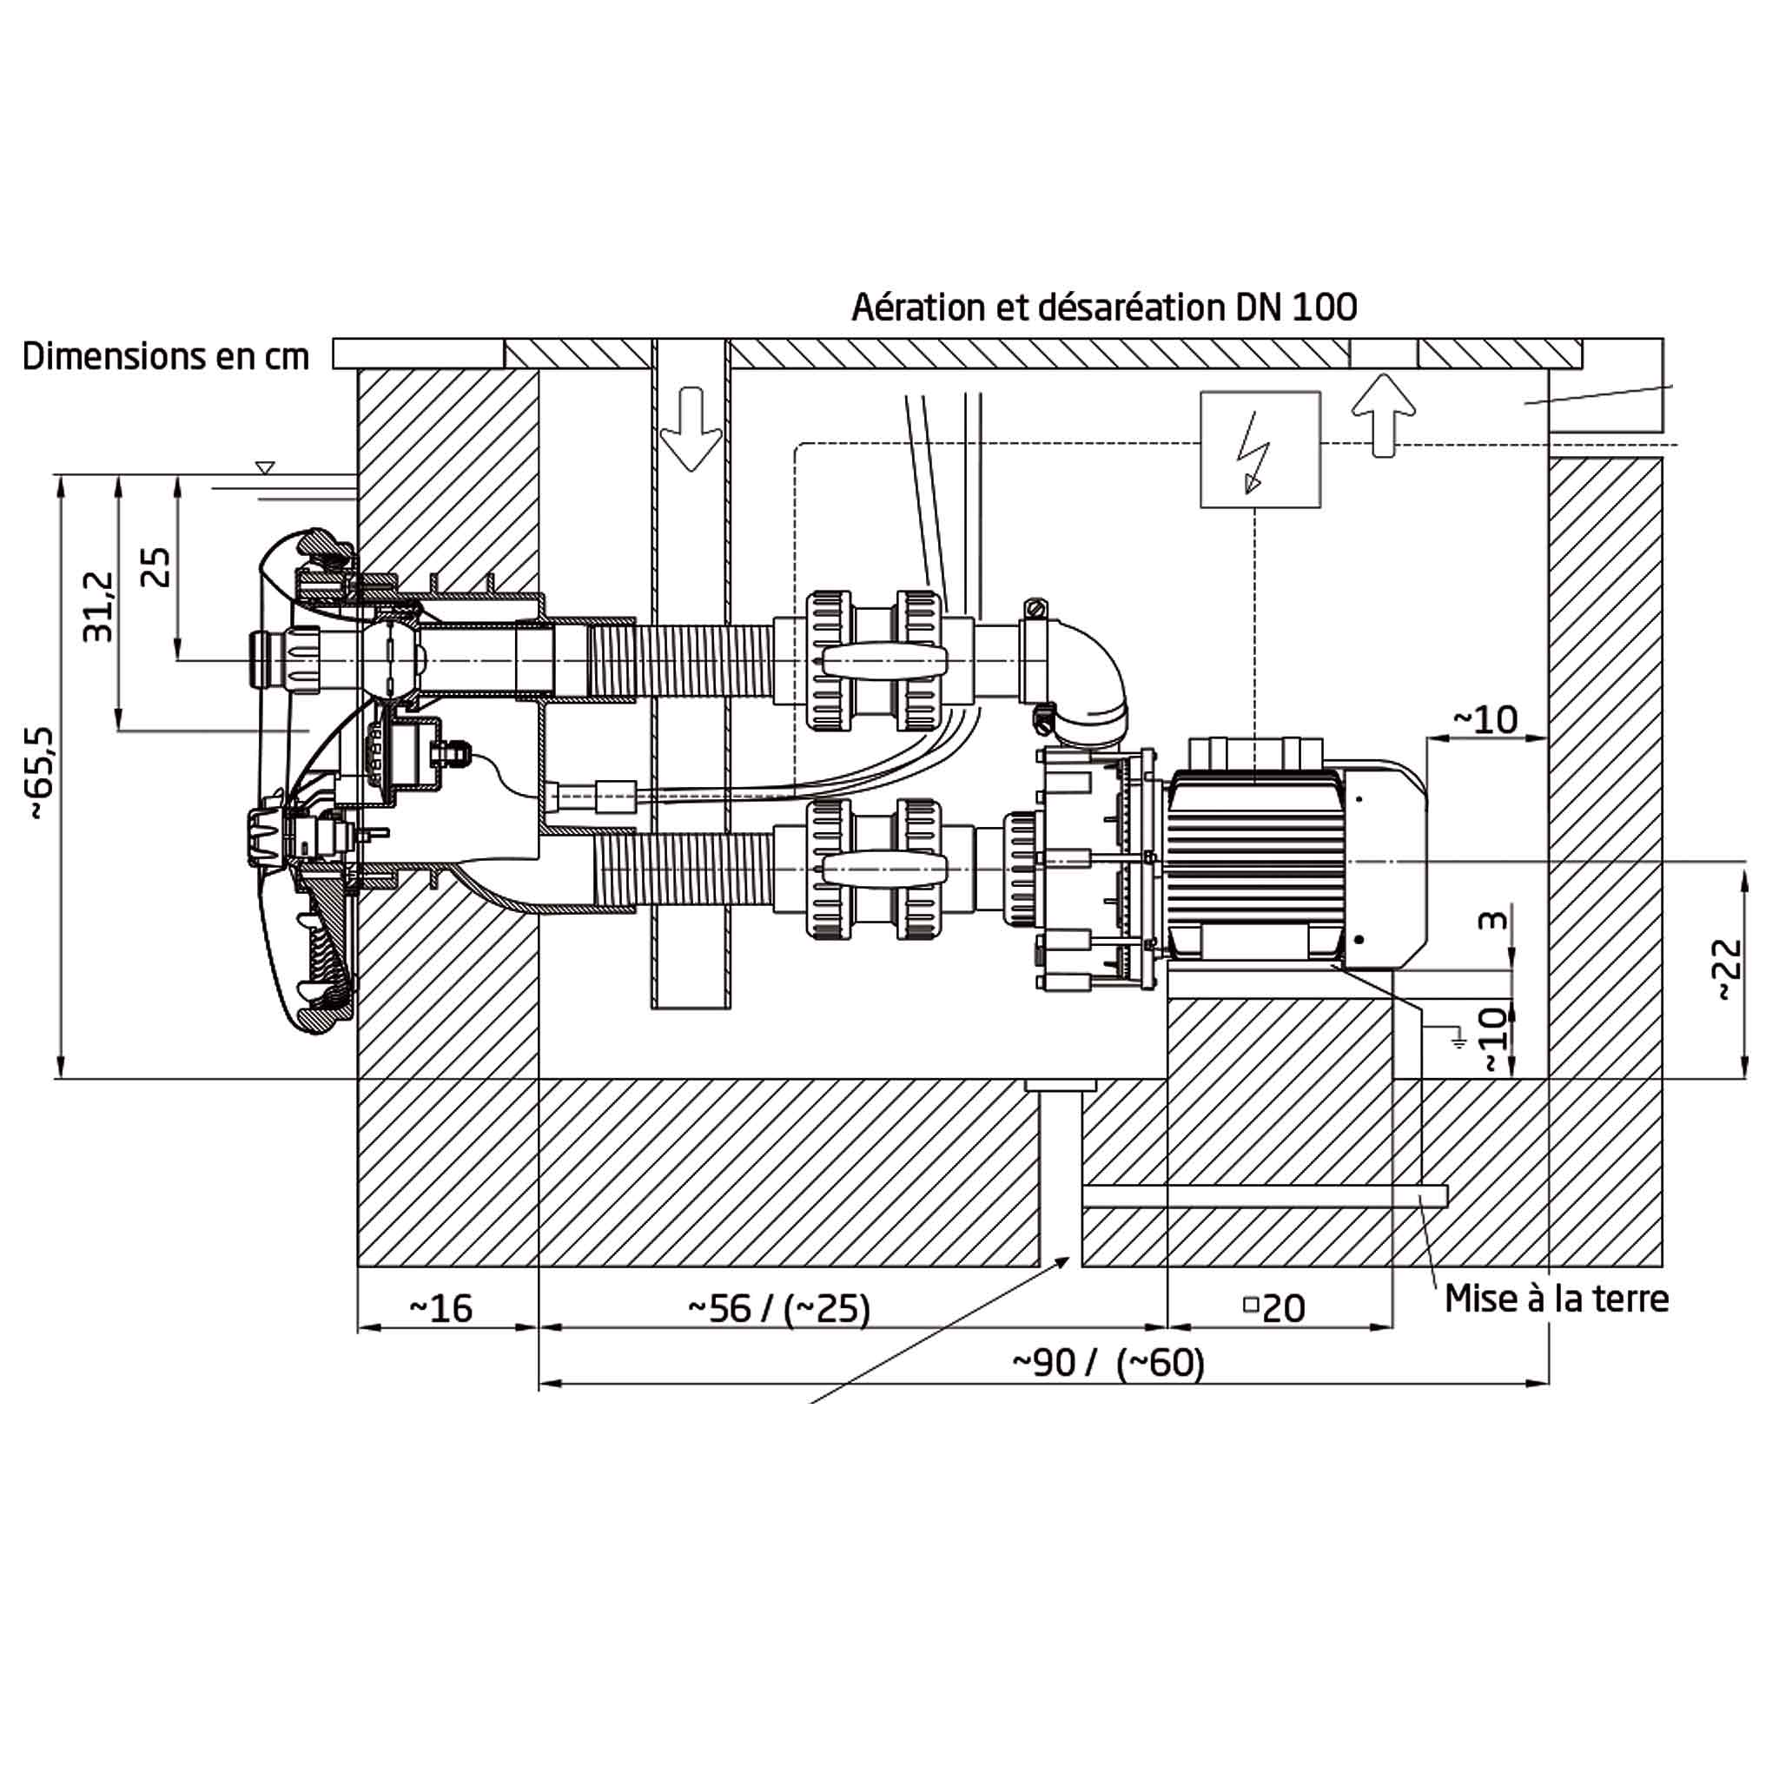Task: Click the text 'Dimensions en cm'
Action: pos(166,356)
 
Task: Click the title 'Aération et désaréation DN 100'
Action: pos(1104,307)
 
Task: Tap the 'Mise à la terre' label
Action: pos(1556,1300)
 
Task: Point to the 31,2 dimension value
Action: pos(98,606)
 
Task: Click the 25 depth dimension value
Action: pos(155,567)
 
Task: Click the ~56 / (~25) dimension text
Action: pos(779,1308)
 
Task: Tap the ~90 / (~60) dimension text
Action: pos(1108,1363)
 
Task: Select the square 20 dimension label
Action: pos(1274,1308)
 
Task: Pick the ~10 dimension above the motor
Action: pos(1485,719)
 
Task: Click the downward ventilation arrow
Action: pos(691,429)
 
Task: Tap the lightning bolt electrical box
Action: pos(1260,449)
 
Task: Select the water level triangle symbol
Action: pos(265,468)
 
